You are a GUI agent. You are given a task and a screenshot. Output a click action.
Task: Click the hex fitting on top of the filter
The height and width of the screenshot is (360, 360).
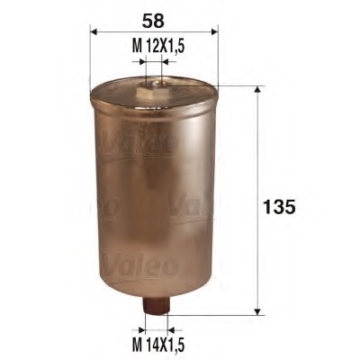point(151,88)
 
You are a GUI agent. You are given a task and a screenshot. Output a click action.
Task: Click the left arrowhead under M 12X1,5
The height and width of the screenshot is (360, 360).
point(141,63)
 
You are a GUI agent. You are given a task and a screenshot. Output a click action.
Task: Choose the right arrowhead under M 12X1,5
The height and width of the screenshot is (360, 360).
point(163,63)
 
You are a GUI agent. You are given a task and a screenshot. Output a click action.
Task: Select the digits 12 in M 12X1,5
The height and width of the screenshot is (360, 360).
point(147,46)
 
